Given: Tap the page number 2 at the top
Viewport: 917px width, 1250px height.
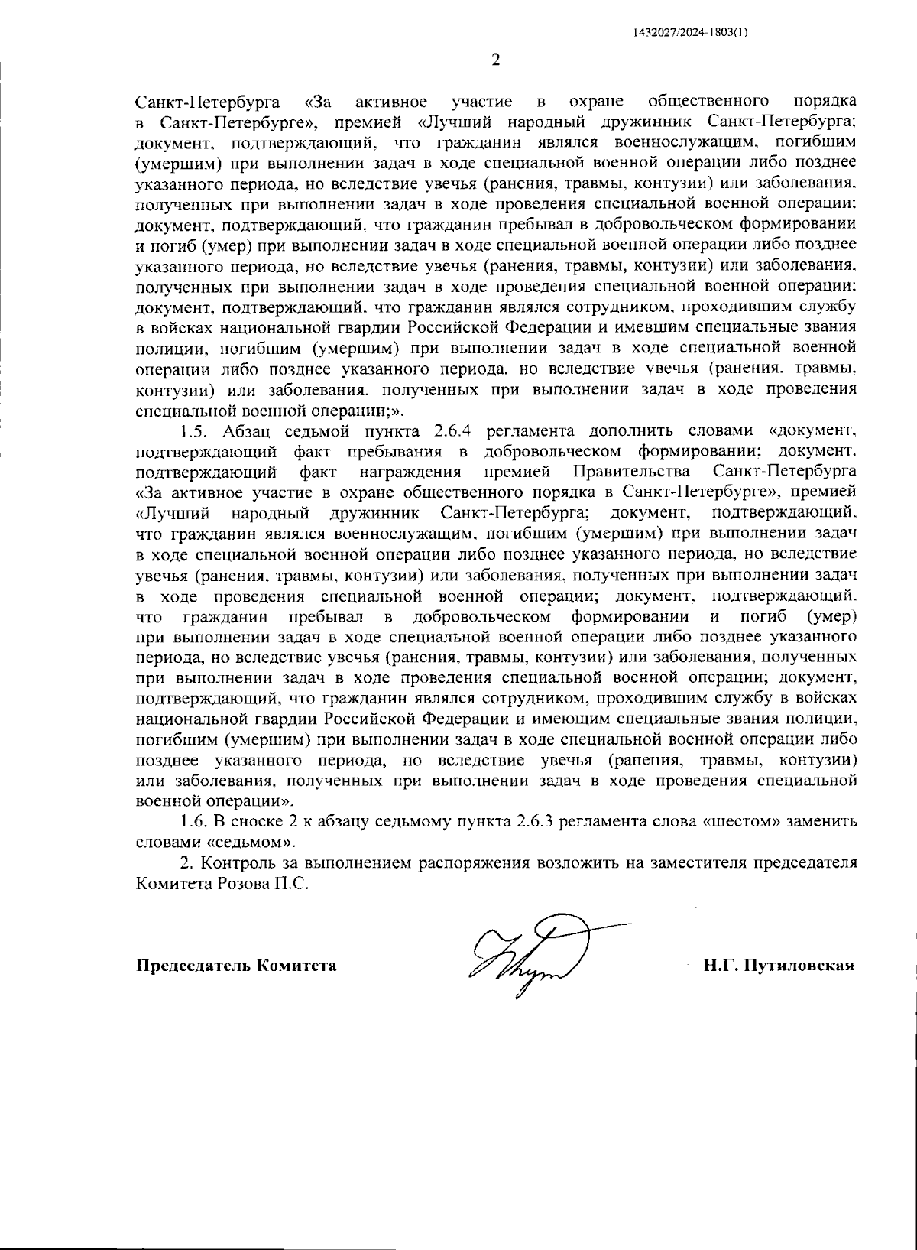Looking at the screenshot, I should click(495, 61).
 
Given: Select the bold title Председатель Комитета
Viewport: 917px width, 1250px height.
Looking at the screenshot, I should click(236, 965).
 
